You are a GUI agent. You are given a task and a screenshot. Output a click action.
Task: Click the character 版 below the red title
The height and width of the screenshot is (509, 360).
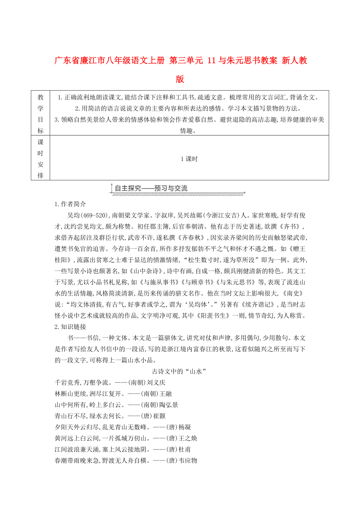pos(180,79)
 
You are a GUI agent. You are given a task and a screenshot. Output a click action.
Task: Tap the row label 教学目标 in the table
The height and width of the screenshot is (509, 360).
pos(40,113)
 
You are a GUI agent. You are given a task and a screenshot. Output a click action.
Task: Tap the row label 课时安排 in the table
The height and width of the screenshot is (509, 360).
pos(40,158)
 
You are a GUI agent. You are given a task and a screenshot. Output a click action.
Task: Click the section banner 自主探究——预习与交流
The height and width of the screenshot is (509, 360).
pos(151,188)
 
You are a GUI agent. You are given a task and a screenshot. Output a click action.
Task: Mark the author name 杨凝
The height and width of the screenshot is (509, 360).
pos(183,427)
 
